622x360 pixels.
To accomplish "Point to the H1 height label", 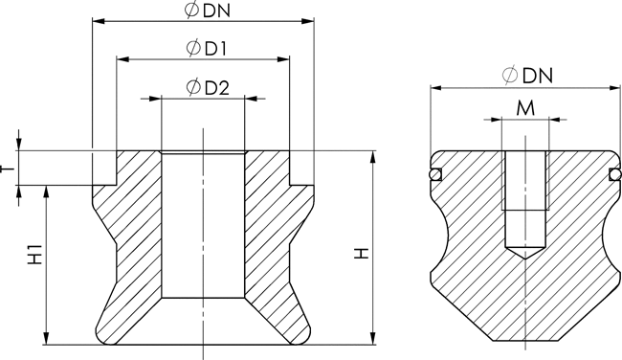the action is tap(35, 255).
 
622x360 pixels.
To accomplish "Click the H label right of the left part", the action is tap(362, 254).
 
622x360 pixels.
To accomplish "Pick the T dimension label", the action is tap(7, 169).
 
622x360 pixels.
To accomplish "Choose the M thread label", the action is tap(525, 108).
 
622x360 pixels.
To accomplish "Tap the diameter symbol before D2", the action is tap(193, 87).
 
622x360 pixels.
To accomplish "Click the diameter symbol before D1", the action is tap(193, 48).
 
